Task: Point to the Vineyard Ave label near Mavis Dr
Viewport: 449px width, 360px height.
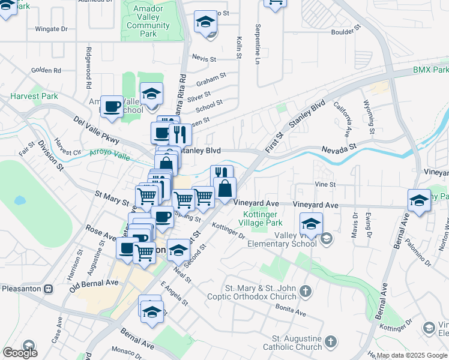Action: (x=316, y=205)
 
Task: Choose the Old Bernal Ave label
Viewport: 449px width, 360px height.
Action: (x=94, y=283)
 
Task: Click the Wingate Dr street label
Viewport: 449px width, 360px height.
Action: (x=51, y=28)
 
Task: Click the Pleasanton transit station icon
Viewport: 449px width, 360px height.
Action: (x=49, y=289)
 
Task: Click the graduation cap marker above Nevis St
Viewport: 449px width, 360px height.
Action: (x=205, y=22)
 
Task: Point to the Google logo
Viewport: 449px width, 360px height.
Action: (x=20, y=353)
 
